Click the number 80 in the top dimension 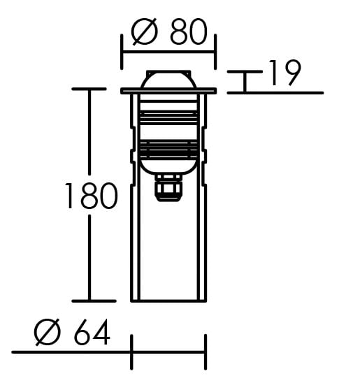click(x=188, y=31)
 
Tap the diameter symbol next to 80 click(x=145, y=31)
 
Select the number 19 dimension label click(x=285, y=73)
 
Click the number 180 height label click(x=92, y=196)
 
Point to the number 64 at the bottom click(x=92, y=332)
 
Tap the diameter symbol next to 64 click(x=48, y=332)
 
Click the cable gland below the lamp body click(x=168, y=188)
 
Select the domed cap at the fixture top click(x=168, y=79)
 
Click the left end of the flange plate click(x=122, y=91)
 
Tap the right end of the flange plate click(x=215, y=91)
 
